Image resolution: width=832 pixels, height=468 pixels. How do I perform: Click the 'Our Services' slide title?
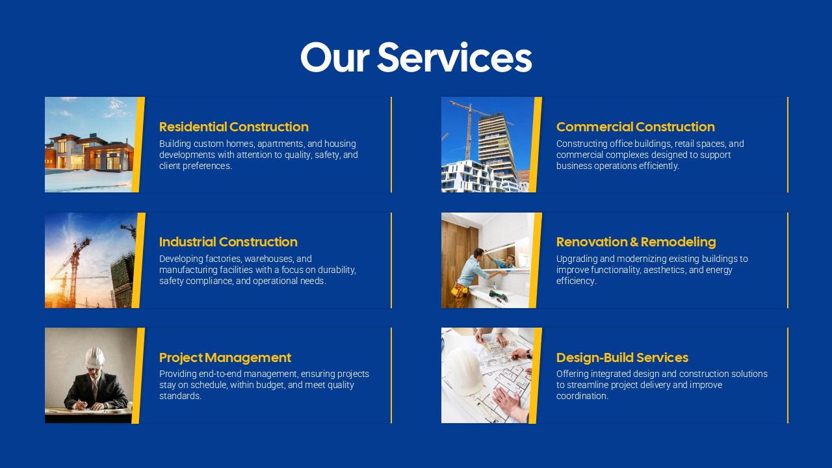[x=416, y=57]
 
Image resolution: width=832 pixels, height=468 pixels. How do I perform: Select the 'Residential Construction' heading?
[x=233, y=127]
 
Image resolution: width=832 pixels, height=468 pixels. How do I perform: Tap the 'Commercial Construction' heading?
[x=635, y=127]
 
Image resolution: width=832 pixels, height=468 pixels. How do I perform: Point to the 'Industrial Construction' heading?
[x=228, y=242]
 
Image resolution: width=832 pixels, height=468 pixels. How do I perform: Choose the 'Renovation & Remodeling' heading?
[x=636, y=242]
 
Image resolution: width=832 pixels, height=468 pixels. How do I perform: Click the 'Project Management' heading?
[x=225, y=357]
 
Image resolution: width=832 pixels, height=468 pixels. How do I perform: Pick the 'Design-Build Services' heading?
[x=622, y=357]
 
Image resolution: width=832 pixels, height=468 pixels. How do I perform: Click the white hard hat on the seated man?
[x=95, y=356]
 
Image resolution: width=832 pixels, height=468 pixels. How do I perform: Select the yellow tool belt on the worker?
[x=460, y=290]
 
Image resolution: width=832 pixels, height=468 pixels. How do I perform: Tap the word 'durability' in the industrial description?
[x=336, y=270]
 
